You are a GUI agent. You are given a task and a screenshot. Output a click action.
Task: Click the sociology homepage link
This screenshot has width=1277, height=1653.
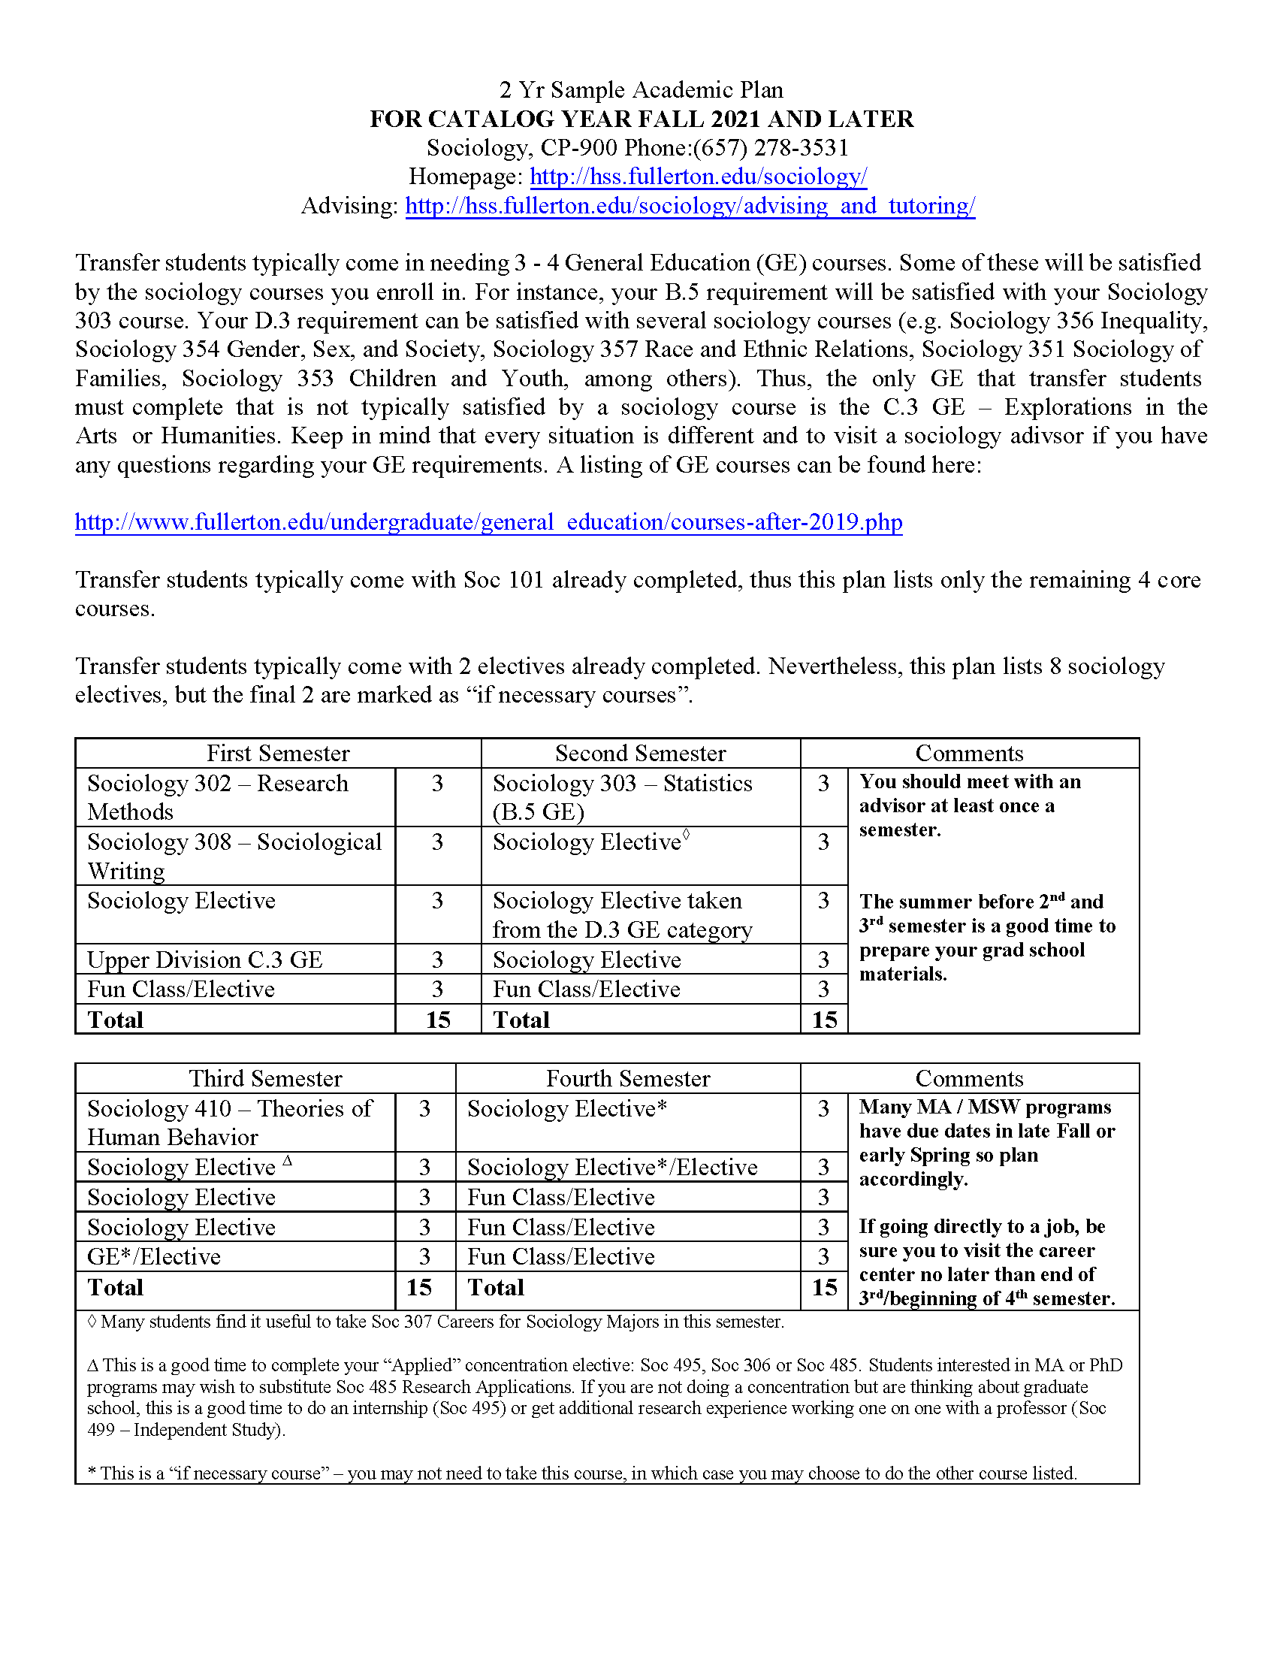[698, 177]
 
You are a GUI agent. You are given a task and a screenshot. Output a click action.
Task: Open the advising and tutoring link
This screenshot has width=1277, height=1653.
[690, 206]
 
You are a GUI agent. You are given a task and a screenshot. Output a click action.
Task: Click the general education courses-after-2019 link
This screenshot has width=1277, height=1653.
[488, 522]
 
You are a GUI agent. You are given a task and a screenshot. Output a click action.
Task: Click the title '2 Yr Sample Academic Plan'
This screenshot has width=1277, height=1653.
[641, 90]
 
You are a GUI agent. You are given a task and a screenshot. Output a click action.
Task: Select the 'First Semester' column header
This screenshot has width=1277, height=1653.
[278, 753]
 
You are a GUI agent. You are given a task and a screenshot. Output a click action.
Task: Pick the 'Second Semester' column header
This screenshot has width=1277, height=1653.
[640, 753]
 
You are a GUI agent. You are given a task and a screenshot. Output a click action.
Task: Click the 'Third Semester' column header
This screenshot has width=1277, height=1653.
[264, 1078]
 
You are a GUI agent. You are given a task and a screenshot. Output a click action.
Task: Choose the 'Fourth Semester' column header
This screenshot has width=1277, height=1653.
[628, 1078]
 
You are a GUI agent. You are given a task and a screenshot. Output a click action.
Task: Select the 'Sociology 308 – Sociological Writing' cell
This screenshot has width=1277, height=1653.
[234, 856]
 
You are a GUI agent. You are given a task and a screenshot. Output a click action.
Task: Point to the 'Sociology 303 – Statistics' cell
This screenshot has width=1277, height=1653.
[622, 797]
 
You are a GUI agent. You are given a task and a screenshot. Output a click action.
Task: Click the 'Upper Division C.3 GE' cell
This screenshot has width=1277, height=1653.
[204, 959]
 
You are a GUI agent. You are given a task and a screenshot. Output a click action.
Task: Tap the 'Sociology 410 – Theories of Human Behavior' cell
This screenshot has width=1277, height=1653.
[228, 1123]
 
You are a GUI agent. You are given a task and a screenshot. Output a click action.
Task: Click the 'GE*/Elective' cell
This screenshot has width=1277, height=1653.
[153, 1256]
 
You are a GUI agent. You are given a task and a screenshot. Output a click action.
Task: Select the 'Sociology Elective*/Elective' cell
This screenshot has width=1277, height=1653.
[612, 1167]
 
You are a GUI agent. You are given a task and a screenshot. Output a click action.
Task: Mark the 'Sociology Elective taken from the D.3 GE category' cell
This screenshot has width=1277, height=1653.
[622, 914]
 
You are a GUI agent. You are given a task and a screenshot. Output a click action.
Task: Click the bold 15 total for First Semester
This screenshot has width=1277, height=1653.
[438, 1020]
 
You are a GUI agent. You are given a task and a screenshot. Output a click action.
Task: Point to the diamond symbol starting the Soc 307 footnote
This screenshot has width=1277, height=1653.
[92, 1322]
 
